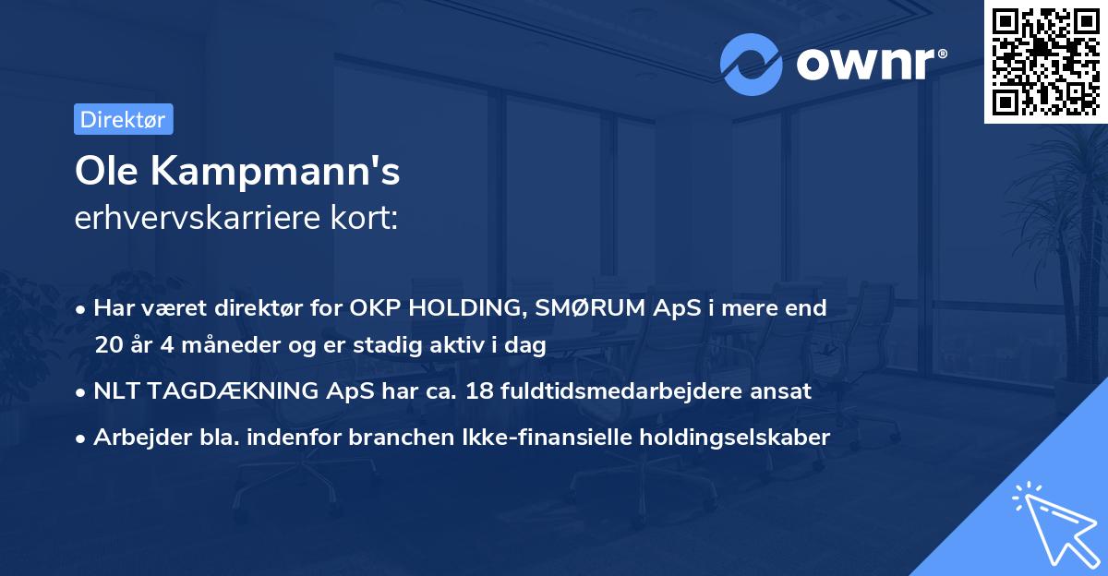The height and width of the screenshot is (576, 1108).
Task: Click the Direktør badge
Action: click(x=123, y=119)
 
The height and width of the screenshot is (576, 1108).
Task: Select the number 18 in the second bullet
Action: click(x=478, y=390)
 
